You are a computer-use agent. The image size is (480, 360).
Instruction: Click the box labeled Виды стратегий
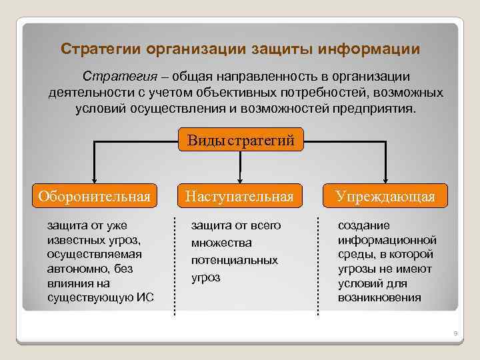[241, 140]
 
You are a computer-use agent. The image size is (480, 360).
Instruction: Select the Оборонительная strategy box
[94, 196]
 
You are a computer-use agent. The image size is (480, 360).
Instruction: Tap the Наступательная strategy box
[239, 196]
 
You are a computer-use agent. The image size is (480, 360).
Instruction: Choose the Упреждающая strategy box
[385, 196]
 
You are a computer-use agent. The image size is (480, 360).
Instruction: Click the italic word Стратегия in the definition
[111, 77]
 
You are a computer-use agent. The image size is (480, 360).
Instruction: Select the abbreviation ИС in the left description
[145, 297]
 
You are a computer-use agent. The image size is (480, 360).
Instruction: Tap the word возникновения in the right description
[379, 297]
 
